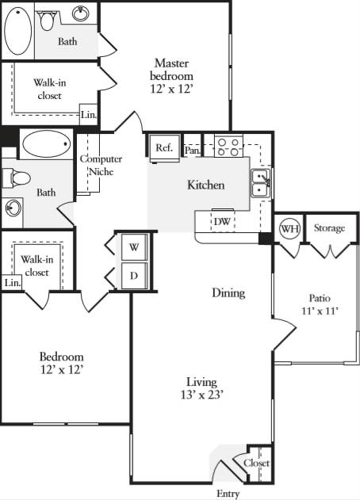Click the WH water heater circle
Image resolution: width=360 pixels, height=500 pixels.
click(x=289, y=229)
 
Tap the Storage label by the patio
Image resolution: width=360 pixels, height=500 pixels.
click(x=329, y=228)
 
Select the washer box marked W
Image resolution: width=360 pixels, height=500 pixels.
click(x=134, y=246)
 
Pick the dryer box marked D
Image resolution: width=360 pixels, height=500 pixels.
click(x=134, y=276)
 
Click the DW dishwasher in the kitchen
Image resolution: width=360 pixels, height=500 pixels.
click(x=223, y=221)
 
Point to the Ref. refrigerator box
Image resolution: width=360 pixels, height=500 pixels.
click(x=163, y=147)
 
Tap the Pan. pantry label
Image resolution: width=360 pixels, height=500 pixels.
click(x=192, y=148)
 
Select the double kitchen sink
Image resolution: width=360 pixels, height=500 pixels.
click(x=259, y=183)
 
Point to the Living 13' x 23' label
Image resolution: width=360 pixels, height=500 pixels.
click(x=202, y=388)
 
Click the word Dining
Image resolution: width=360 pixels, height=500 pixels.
click(x=228, y=293)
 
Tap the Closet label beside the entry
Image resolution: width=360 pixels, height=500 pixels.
click(x=257, y=463)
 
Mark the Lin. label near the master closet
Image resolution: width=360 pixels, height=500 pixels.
click(x=89, y=115)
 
